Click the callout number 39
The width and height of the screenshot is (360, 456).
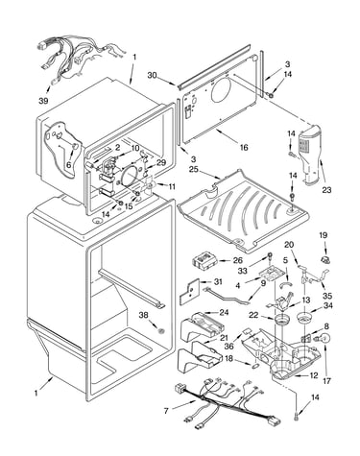(x=43, y=101)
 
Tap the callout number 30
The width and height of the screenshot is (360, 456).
(x=153, y=75)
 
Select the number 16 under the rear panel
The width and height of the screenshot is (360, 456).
(x=244, y=147)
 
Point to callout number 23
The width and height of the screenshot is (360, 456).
(x=326, y=190)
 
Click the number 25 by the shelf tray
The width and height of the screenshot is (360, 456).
(x=193, y=169)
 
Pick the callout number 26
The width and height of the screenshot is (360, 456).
(x=237, y=260)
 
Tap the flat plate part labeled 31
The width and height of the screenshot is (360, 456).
(x=189, y=291)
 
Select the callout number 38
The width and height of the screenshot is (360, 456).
(x=143, y=316)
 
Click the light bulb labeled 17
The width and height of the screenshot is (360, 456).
(x=324, y=339)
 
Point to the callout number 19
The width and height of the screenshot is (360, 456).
(x=324, y=235)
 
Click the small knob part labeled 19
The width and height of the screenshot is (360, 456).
(x=325, y=259)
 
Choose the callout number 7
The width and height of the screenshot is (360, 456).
(x=166, y=411)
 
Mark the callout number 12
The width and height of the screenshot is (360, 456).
(x=314, y=375)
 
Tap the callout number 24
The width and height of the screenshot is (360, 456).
(x=224, y=312)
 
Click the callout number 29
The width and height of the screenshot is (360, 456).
(x=161, y=163)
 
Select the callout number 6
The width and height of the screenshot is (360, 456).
(x=68, y=165)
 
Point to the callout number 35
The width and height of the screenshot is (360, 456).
(x=327, y=296)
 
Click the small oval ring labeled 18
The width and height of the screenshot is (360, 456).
(x=255, y=364)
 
